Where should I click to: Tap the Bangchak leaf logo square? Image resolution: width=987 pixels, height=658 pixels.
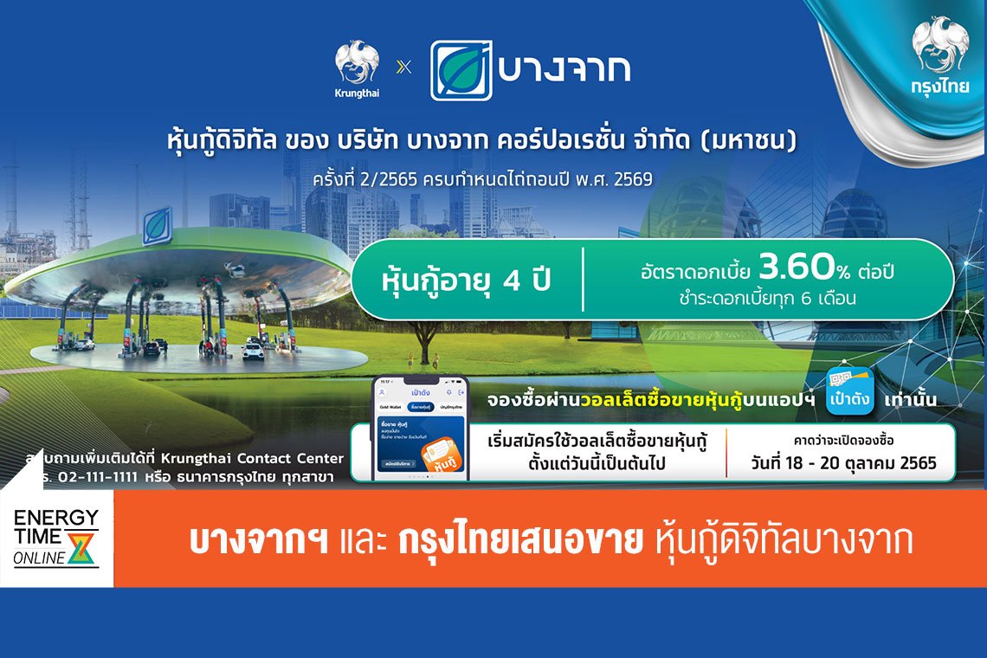461,70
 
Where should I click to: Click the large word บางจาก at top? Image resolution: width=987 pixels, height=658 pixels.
564,69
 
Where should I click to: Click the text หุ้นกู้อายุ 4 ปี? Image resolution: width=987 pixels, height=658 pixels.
467,281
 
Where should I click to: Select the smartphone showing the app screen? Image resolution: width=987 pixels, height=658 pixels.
420,428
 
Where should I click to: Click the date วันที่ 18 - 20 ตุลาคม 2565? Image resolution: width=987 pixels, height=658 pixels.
843,463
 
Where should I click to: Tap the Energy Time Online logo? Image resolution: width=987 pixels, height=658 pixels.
56,538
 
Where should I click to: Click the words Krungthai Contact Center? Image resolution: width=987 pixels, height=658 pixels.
264,458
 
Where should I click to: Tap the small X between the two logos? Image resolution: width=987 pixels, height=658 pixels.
402,67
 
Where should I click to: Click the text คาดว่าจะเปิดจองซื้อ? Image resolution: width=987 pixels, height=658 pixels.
842,442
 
